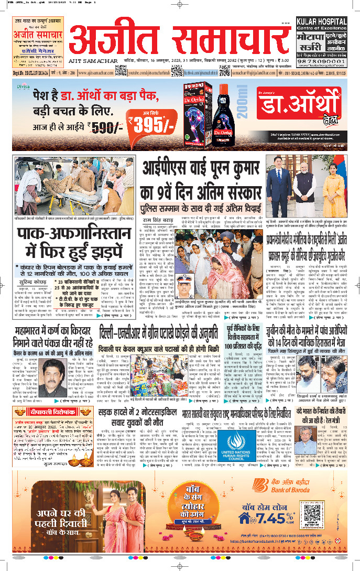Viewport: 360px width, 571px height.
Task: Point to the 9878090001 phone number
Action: (321, 61)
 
